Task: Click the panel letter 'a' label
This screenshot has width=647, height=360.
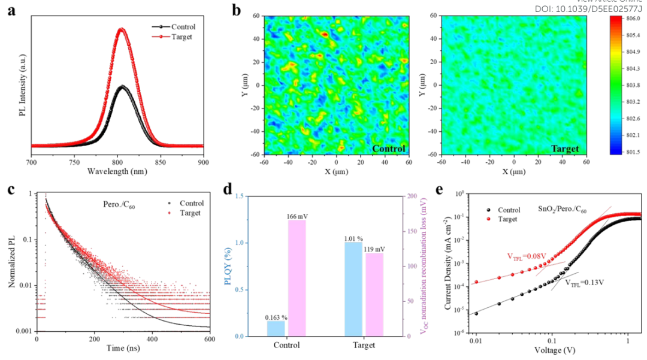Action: [11, 10]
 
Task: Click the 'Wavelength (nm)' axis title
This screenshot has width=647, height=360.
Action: [117, 172]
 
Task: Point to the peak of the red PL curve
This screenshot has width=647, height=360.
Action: [122, 29]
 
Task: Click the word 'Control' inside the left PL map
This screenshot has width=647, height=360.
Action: [388, 148]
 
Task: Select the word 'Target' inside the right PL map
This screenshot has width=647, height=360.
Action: [564, 148]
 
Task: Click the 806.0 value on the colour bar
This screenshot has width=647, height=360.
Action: [633, 19]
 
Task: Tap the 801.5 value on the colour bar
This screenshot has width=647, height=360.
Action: [633, 152]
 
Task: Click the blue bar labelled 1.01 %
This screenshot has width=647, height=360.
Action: [353, 289]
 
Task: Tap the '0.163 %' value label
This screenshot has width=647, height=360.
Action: [276, 317]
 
